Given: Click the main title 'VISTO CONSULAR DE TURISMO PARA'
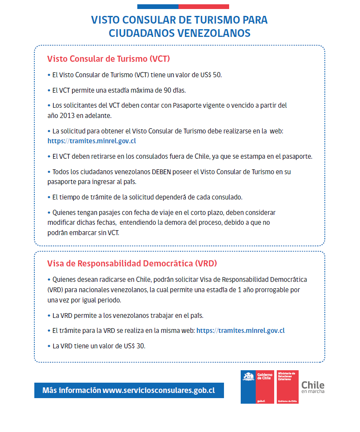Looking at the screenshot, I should [179, 20].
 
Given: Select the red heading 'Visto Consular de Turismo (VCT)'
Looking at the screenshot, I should [109, 59].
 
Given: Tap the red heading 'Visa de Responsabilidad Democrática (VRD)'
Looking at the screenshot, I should [132, 263].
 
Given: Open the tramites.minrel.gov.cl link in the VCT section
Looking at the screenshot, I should [92, 140].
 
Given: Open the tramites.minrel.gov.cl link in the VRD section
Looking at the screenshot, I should [240, 330].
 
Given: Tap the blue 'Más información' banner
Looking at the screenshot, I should [129, 390].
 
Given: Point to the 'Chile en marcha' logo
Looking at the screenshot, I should [313, 386].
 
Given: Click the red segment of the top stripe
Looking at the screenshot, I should [203, 6].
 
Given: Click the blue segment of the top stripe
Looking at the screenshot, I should [157, 6].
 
